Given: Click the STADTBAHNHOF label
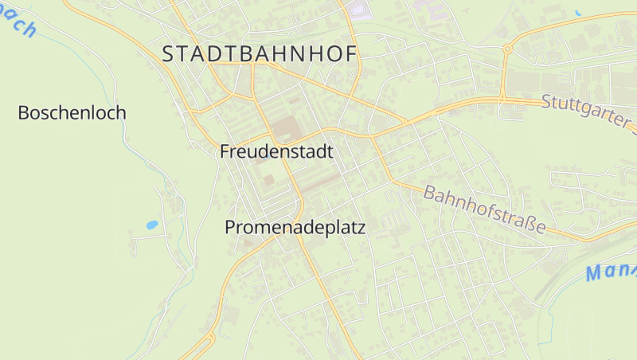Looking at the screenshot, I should tap(260, 54).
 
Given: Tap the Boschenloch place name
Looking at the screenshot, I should tap(72, 113).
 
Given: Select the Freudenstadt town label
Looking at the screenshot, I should tap(276, 151).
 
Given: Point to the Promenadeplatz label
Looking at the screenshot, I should tap(295, 228).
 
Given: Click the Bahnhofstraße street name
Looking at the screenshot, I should tap(484, 209).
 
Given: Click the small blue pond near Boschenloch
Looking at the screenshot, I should tap(151, 225).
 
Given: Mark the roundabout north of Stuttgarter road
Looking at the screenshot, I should tap(506, 49).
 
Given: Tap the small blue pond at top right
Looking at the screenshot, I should tap(577, 14).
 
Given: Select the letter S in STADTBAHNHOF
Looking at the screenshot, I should tap(168, 54).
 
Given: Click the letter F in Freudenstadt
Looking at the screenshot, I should tap(225, 151).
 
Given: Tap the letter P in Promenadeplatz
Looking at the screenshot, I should tap(231, 228).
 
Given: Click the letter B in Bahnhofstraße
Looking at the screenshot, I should tap(431, 192).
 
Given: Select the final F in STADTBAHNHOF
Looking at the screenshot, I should tap(351, 54).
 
